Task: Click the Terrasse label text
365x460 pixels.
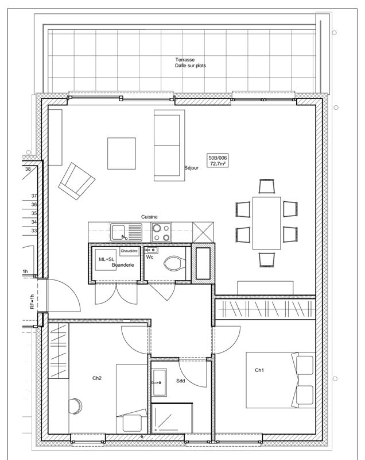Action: click(x=185, y=60)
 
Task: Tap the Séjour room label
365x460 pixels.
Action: click(x=192, y=168)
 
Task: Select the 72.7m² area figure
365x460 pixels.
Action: click(x=218, y=164)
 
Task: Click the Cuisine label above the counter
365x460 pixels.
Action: click(x=149, y=217)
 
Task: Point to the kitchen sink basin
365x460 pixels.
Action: click(x=119, y=232)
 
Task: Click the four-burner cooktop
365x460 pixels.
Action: click(x=161, y=232)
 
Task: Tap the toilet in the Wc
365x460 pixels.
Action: click(x=174, y=263)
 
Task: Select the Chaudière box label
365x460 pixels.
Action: click(x=129, y=251)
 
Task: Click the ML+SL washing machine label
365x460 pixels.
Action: click(x=107, y=259)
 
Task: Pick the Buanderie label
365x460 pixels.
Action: click(x=123, y=265)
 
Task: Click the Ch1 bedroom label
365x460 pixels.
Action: click(x=259, y=370)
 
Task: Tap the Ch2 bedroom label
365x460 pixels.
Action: click(x=97, y=378)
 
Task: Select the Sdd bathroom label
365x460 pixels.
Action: click(x=181, y=381)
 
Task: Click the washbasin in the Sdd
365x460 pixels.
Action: click(x=159, y=382)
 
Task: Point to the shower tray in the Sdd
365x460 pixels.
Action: click(x=172, y=419)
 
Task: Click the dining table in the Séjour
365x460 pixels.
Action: click(x=267, y=223)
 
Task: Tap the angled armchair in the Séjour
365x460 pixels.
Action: click(x=77, y=181)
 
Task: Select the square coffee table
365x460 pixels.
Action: click(x=122, y=154)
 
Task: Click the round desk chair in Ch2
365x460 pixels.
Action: click(x=75, y=407)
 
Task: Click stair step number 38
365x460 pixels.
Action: click(x=28, y=169)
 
